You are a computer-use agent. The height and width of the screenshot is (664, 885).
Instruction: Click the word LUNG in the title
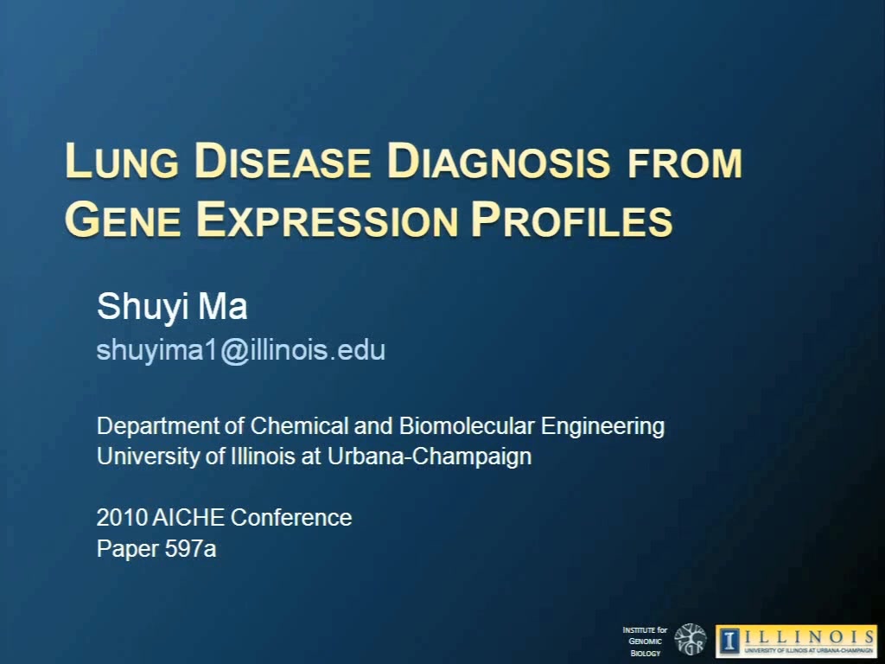[122, 161]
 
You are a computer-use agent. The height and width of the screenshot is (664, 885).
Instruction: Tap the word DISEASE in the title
[283, 161]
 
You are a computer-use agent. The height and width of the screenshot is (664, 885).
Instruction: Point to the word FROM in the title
[684, 163]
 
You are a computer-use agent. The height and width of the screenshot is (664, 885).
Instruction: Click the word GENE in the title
[123, 220]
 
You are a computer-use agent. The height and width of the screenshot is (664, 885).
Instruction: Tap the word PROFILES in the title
[572, 220]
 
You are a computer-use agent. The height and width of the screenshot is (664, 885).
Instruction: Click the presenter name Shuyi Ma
[172, 308]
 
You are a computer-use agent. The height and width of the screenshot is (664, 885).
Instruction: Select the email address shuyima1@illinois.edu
[241, 351]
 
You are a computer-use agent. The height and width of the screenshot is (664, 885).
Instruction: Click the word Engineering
[602, 427]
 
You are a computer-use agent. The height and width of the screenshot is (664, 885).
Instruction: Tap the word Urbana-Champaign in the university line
[430, 456]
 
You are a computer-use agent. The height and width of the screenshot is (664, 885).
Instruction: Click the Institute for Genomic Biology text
[645, 641]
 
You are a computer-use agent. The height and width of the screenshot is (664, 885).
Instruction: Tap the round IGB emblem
[691, 640]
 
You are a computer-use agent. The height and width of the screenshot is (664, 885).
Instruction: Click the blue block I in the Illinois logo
[729, 641]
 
